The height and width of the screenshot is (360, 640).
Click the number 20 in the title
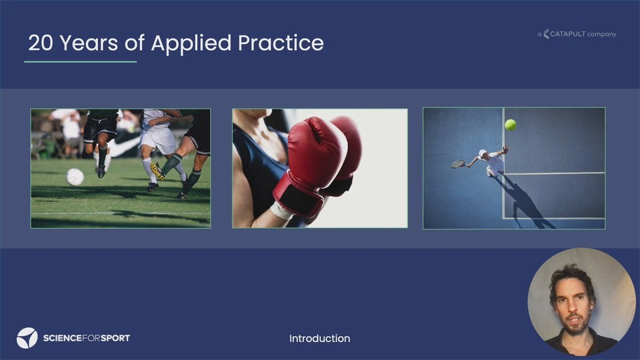pos(41,43)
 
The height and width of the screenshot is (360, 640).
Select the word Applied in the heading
pos(191,44)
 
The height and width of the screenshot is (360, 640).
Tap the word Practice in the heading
pos(281,43)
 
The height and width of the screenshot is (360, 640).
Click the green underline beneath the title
pos(81,61)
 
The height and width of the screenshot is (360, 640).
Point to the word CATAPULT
pos(568,34)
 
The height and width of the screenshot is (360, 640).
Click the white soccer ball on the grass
pos(75,177)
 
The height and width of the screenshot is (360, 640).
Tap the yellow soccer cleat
pos(157,171)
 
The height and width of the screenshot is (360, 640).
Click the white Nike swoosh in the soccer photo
pos(125,147)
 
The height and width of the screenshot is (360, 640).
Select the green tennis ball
pos(510,125)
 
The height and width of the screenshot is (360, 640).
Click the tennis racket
pos(459,164)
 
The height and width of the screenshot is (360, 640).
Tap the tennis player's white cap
pos(483,153)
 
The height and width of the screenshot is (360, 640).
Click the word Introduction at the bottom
pos(319,339)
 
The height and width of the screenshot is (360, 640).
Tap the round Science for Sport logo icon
pos(27,338)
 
